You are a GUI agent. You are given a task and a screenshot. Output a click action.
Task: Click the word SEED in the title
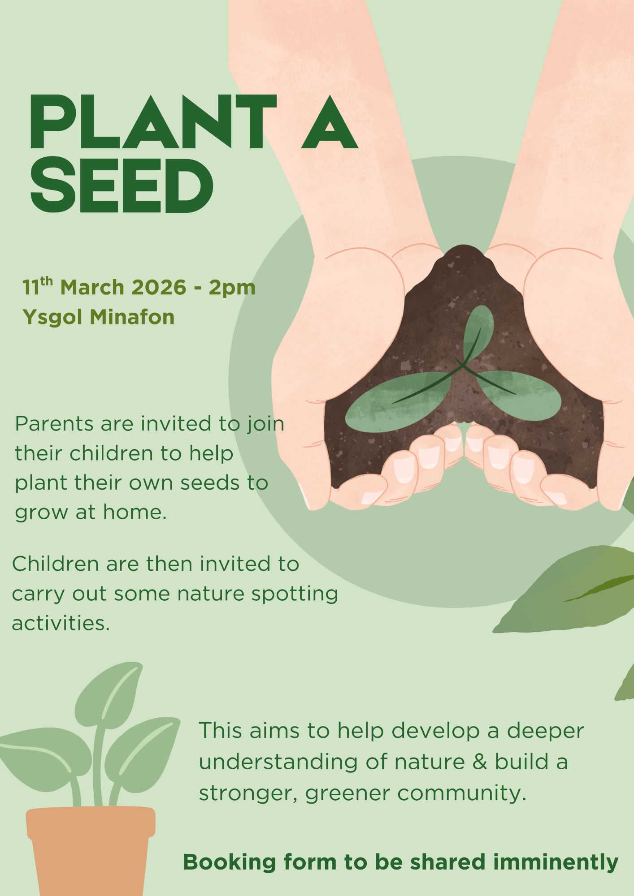(122, 186)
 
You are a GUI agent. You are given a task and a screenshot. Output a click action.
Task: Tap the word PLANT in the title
(153, 122)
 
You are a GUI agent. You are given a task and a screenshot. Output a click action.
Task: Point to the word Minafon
(132, 317)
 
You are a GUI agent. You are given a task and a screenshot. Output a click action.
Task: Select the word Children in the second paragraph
(56, 564)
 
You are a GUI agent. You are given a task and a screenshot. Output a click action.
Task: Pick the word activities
(61, 623)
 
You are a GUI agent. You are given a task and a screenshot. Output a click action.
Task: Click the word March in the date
(92, 287)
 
